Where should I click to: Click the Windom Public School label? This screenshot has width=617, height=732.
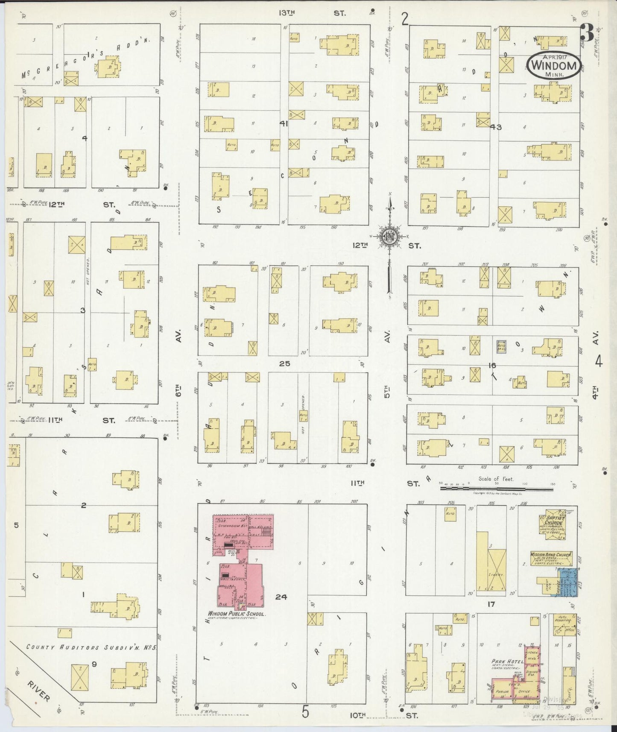coord(237,614)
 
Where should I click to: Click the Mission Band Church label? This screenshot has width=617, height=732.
coord(550,555)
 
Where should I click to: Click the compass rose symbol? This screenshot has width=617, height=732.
coord(389,236)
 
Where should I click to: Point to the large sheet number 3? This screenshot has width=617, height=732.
coord(587,34)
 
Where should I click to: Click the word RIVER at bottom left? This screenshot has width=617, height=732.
coord(39,691)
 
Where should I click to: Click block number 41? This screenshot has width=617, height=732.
coord(284,124)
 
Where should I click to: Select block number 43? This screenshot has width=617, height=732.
coord(496,127)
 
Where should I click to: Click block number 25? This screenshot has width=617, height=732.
coord(284,363)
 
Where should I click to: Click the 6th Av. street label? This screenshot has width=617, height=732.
coord(179,363)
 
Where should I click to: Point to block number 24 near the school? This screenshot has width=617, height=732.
coord(281,597)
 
